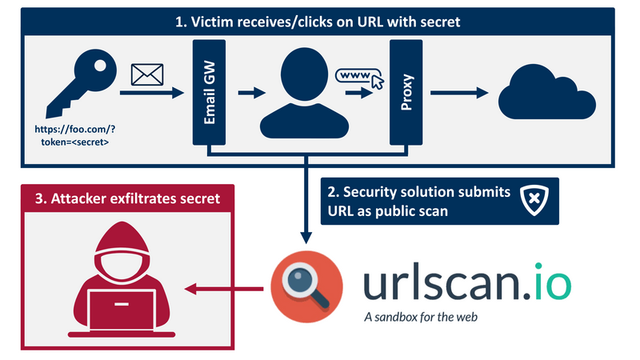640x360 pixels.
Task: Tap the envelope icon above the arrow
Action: (147, 75)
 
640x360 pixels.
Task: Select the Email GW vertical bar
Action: (208, 93)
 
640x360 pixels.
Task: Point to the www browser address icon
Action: (356, 77)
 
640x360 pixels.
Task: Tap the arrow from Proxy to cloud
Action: (459, 94)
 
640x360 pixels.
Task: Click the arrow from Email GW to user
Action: (252, 94)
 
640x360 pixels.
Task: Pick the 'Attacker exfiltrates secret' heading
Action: (120, 198)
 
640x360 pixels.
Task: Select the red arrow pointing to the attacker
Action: (223, 287)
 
